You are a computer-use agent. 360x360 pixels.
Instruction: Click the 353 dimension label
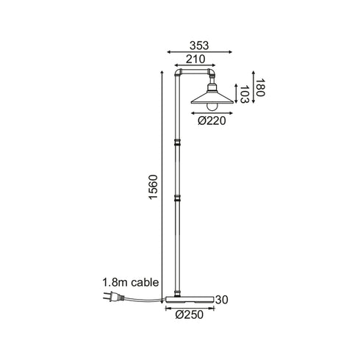(199, 46)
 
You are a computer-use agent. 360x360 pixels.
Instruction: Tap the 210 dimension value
(195, 60)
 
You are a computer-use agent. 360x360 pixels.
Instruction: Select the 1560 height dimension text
(154, 187)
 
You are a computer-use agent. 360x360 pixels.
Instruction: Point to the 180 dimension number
(259, 87)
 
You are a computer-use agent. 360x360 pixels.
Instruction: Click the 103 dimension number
(244, 94)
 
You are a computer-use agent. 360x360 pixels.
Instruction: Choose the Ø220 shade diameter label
(212, 120)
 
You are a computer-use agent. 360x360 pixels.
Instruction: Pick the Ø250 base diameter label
(190, 314)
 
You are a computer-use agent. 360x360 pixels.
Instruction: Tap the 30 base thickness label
(222, 300)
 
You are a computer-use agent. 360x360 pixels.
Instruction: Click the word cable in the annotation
(145, 282)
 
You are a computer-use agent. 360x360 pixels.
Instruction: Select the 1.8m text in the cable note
(115, 282)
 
